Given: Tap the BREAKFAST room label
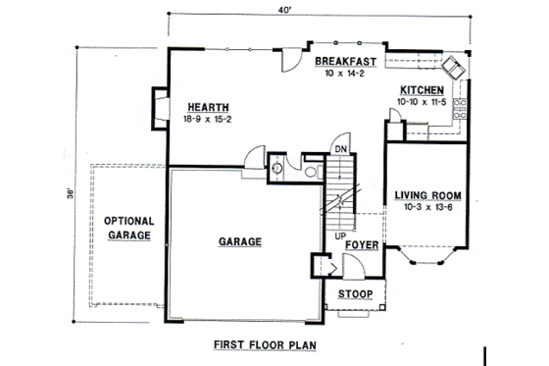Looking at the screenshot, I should (x=347, y=62).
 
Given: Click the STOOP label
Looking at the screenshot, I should (x=355, y=293).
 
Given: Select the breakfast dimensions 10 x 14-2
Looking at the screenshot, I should (x=347, y=73).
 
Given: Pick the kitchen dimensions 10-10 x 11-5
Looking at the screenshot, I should (x=422, y=101).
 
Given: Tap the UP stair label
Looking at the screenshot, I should (x=338, y=235).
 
